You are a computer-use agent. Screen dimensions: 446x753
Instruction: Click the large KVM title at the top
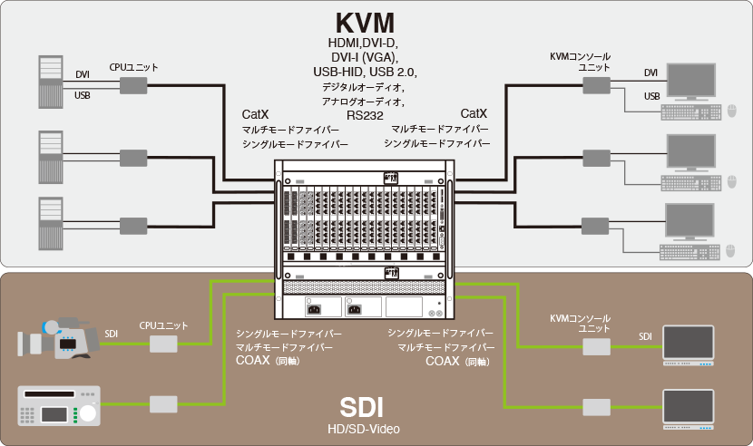(366, 22)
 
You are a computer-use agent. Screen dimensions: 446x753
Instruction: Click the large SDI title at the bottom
(363, 405)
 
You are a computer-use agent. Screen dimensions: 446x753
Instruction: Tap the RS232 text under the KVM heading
(365, 115)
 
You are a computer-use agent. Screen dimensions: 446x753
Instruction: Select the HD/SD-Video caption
(363, 428)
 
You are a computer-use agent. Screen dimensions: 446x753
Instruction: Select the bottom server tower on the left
(50, 223)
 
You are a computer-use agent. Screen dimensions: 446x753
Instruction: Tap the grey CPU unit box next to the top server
(133, 85)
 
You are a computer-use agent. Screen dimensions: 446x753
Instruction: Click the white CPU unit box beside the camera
(164, 344)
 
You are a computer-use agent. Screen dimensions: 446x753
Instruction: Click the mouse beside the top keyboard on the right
(731, 111)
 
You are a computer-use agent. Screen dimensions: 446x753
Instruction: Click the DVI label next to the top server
(83, 75)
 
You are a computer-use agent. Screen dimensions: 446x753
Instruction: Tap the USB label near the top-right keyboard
(651, 96)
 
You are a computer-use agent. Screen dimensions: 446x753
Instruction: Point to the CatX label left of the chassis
(255, 115)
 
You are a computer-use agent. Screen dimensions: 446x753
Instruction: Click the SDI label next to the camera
(111, 334)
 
